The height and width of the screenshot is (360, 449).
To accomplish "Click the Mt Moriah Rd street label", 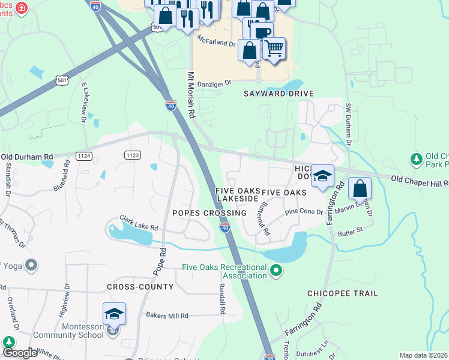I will [191, 95].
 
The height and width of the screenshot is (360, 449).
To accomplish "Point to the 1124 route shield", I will [84, 155].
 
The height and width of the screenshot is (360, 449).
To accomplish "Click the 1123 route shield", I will [133, 155].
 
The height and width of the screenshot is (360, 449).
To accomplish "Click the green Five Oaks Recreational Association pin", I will [276, 271].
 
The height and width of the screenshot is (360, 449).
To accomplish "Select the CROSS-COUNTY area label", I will [140, 287].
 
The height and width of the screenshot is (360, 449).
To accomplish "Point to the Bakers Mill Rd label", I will [167, 316].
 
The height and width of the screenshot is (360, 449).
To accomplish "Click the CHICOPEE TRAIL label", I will [343, 293].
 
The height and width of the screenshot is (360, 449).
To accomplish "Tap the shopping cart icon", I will [274, 48].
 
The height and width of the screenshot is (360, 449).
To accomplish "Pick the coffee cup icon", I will [262, 31].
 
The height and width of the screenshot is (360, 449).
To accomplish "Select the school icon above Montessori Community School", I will [113, 314].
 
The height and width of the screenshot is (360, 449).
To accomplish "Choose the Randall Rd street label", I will [221, 298].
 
